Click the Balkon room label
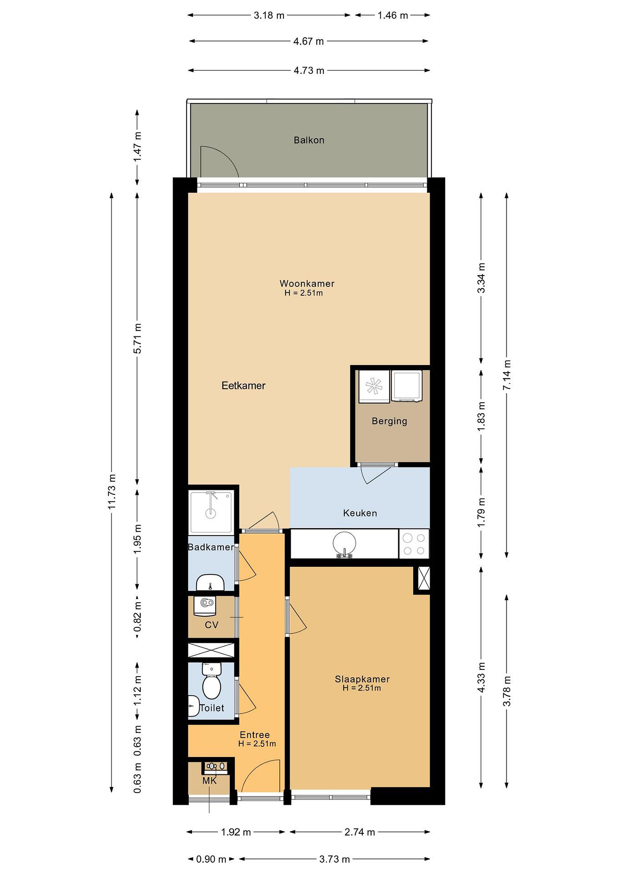(309, 140)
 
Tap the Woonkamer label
(307, 283)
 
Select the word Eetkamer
(244, 386)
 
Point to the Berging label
(389, 422)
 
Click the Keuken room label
(360, 513)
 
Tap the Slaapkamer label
(362, 679)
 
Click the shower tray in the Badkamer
(211, 512)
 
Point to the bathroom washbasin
(210, 583)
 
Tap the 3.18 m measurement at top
(269, 15)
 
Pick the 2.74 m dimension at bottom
(360, 832)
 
